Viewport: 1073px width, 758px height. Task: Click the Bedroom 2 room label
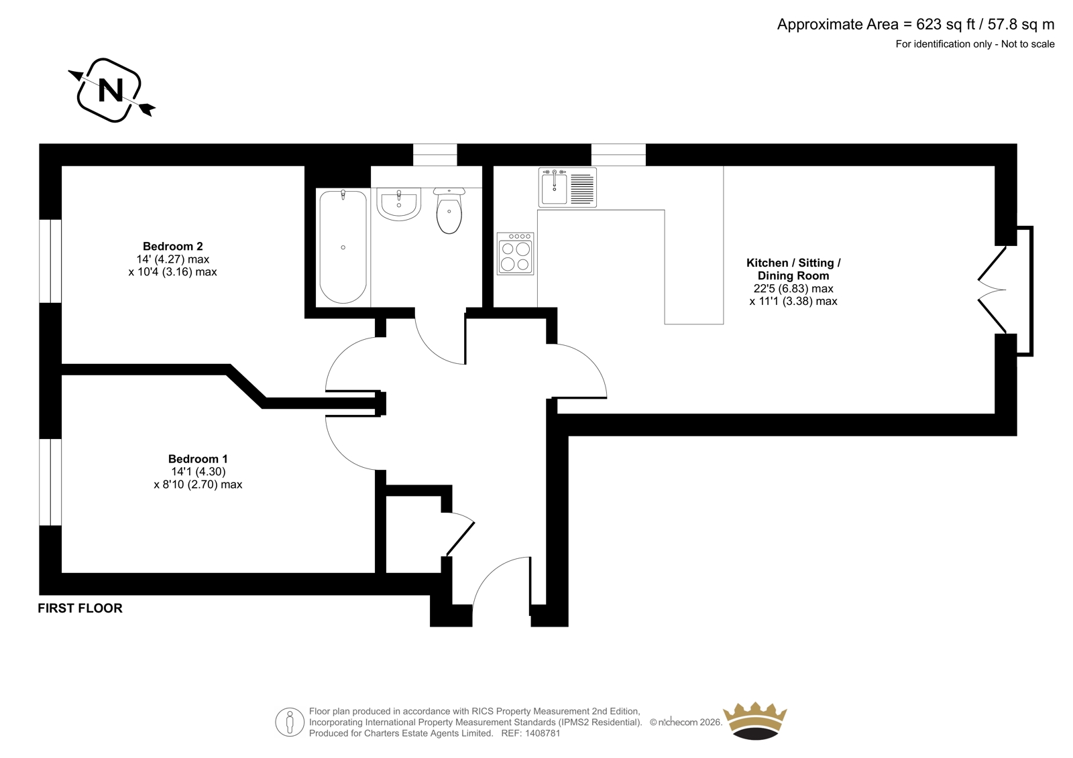pyautogui.click(x=173, y=246)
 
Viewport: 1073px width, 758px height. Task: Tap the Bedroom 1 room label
pyautogui.click(x=198, y=458)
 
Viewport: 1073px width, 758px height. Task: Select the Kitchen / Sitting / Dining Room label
pyautogui.click(x=793, y=269)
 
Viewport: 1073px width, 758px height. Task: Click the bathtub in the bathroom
pyautogui.click(x=343, y=247)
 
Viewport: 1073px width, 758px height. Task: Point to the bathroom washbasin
pyautogui.click(x=398, y=204)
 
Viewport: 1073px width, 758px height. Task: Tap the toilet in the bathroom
pyautogui.click(x=449, y=210)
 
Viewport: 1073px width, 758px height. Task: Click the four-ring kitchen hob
pyautogui.click(x=516, y=254)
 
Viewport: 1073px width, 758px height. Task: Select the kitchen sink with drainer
pyautogui.click(x=567, y=187)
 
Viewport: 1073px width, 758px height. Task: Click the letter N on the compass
pyautogui.click(x=111, y=90)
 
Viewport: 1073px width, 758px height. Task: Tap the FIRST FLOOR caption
pyautogui.click(x=80, y=608)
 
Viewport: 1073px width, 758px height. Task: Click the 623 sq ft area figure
pyautogui.click(x=946, y=24)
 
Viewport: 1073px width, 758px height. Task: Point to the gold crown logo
pyautogui.click(x=755, y=721)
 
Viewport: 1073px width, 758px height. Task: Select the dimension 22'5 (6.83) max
pyautogui.click(x=793, y=289)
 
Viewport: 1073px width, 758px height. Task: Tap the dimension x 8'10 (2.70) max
pyautogui.click(x=198, y=485)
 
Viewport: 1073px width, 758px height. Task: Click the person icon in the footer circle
pyautogui.click(x=289, y=722)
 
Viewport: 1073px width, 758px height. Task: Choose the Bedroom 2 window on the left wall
pyautogui.click(x=50, y=261)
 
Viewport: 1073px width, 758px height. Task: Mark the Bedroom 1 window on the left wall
pyautogui.click(x=50, y=482)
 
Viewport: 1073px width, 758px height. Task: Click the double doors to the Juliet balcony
pyautogui.click(x=992, y=290)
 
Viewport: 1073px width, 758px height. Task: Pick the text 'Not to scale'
pyautogui.click(x=1028, y=44)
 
